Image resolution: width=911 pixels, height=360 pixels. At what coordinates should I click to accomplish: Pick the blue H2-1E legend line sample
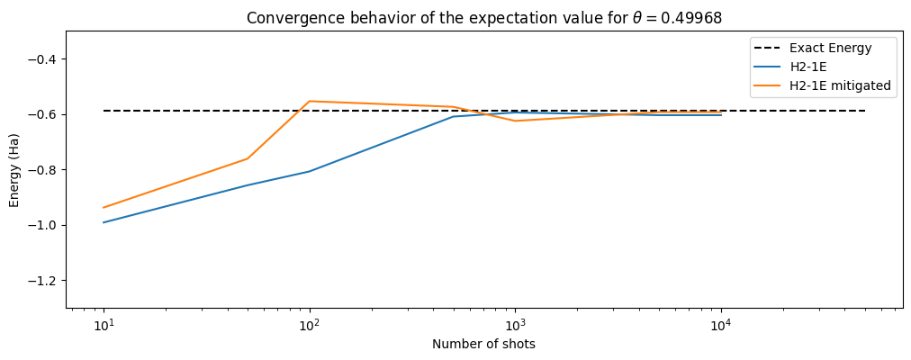click(x=767, y=67)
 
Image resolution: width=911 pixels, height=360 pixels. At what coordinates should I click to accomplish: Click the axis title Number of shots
click(x=483, y=344)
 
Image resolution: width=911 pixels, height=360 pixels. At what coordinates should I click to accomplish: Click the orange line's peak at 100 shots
click(x=310, y=101)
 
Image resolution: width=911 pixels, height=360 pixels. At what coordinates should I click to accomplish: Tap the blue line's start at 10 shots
click(x=104, y=222)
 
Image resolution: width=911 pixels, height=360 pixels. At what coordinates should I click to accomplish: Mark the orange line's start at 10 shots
click(x=104, y=208)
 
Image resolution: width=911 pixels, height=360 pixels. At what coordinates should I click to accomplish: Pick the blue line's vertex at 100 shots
click(x=310, y=171)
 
